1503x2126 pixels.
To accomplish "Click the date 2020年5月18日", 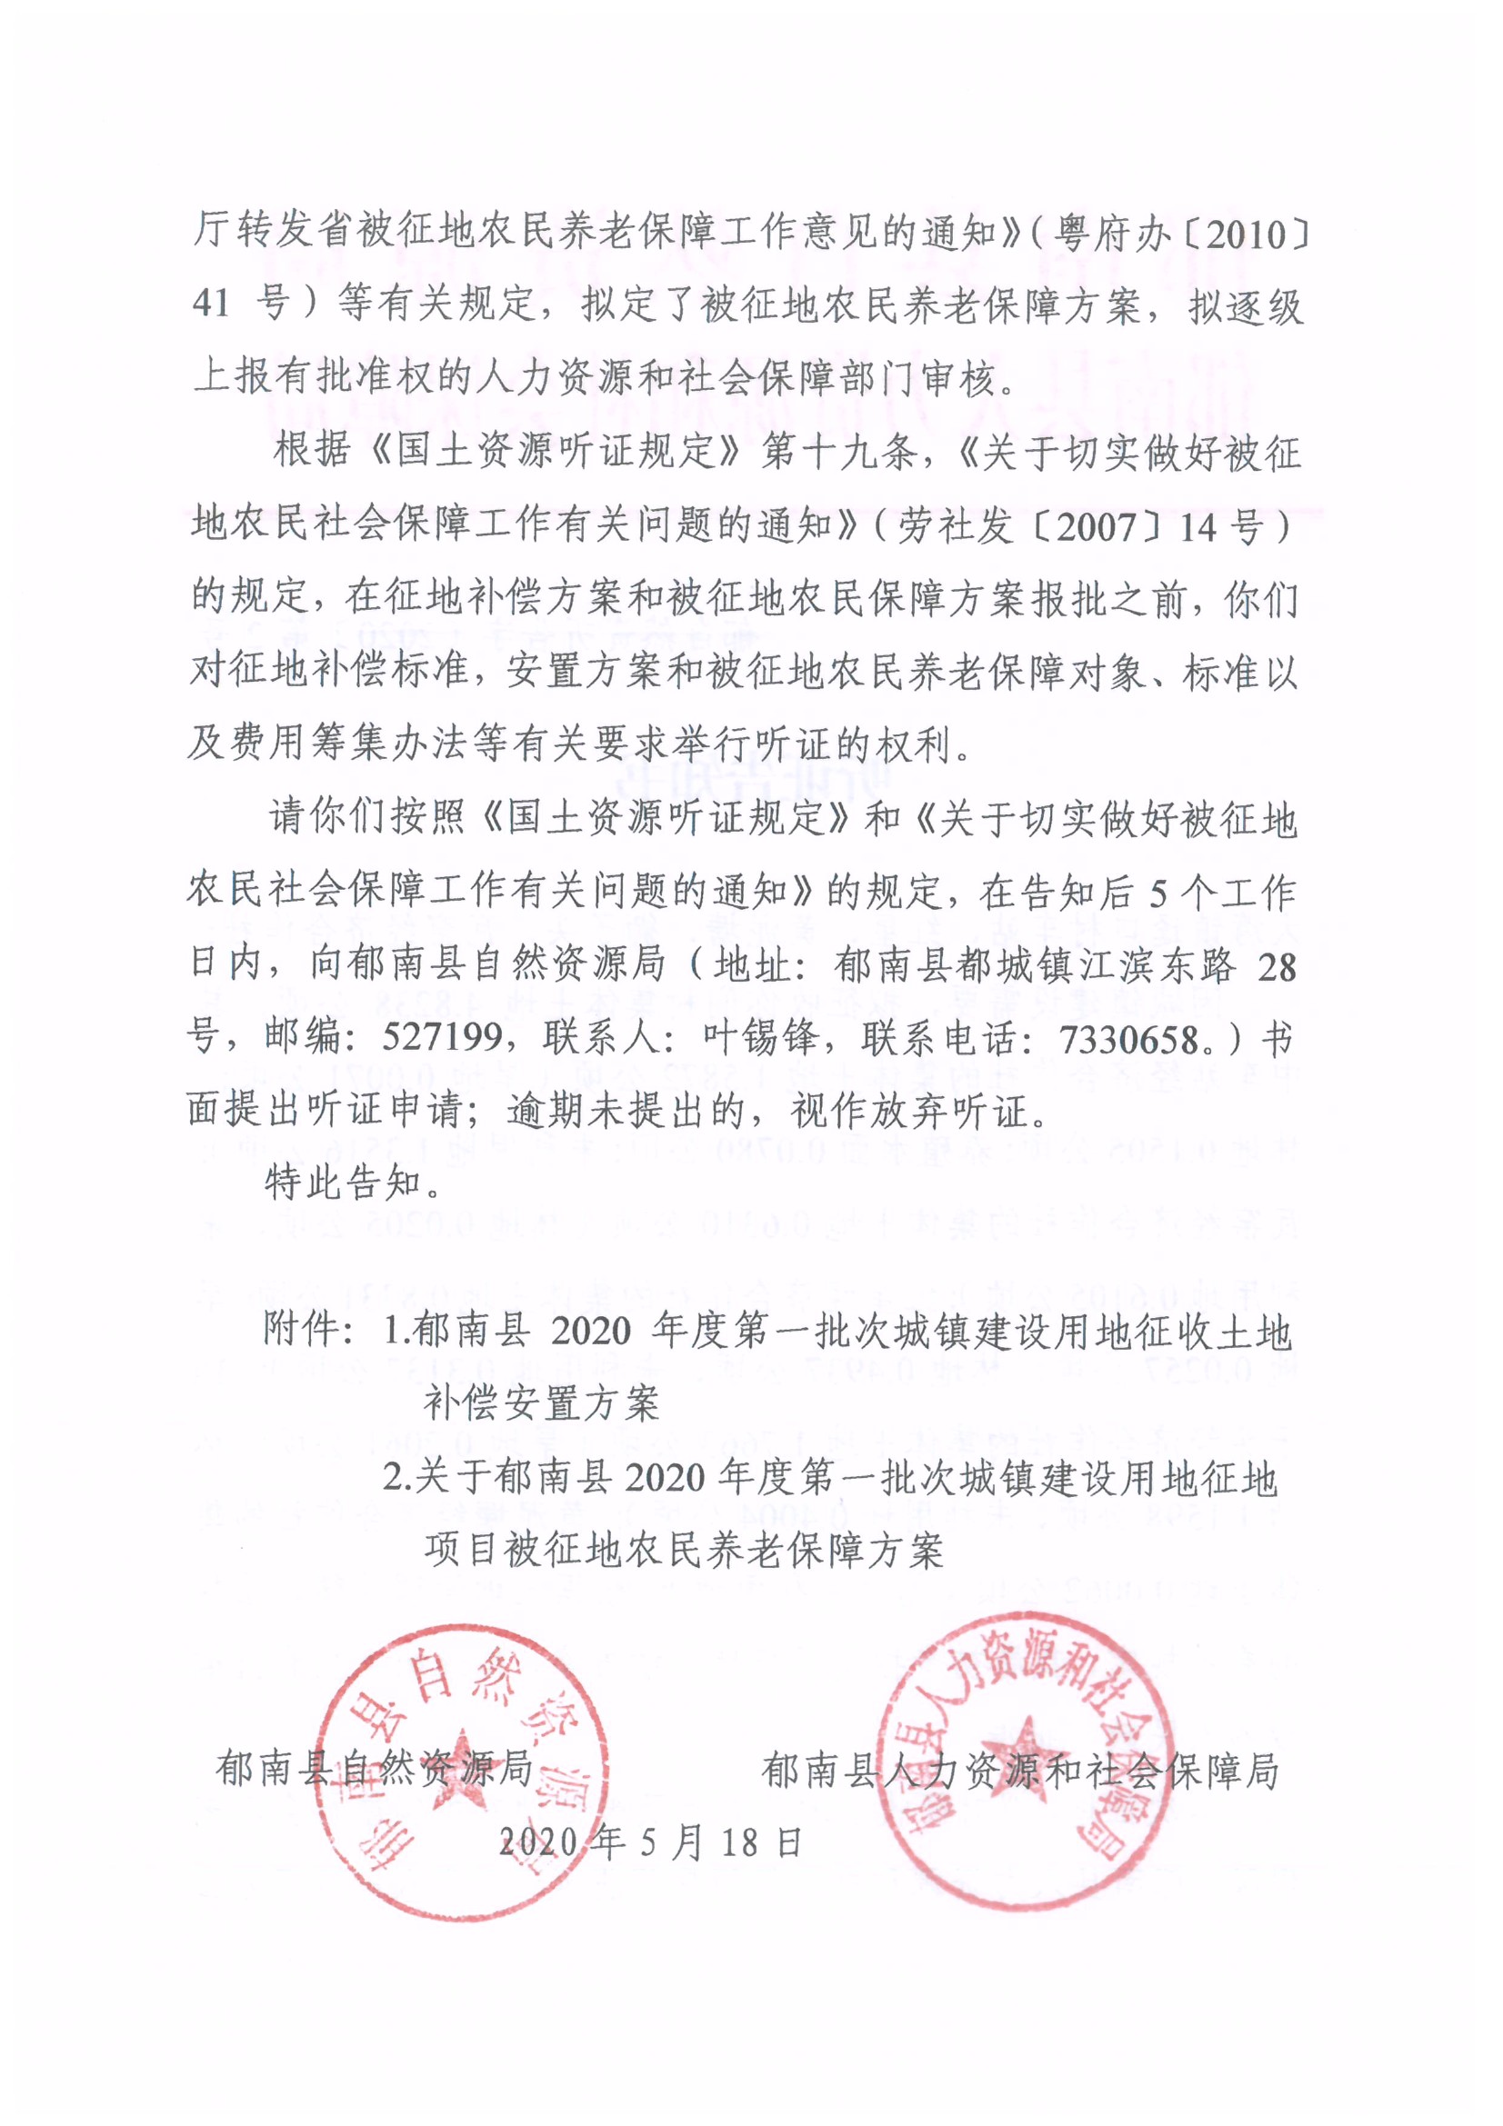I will [x=649, y=1842].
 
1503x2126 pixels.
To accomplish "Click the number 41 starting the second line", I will [x=212, y=304].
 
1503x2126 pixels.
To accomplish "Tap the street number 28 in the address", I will [x=1276, y=967].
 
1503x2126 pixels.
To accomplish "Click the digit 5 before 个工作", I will [x=1157, y=894].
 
